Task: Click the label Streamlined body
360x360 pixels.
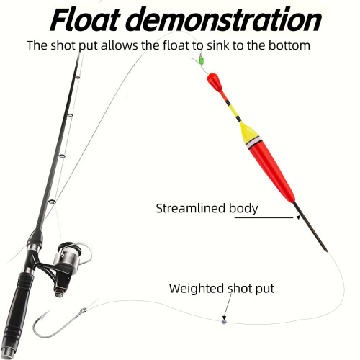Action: (207, 210)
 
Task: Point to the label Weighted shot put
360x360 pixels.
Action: (222, 289)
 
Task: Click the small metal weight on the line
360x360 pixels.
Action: (224, 321)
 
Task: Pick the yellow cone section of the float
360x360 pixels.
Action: (248, 132)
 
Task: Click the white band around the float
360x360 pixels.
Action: (252, 143)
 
